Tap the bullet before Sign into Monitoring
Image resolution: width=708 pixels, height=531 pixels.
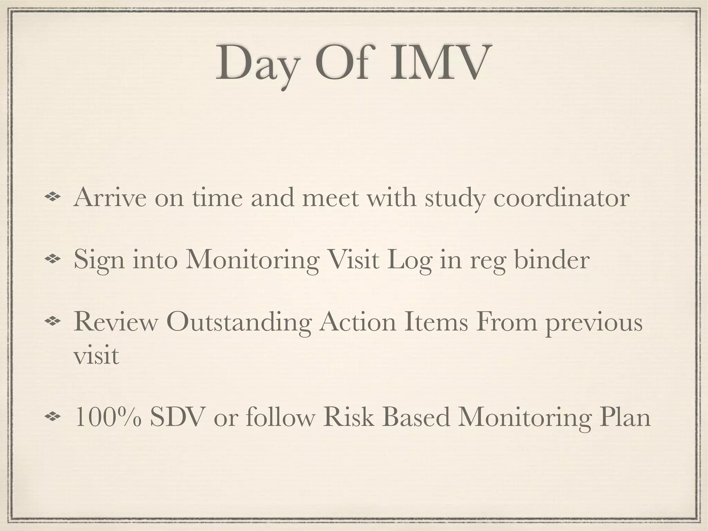click(53, 259)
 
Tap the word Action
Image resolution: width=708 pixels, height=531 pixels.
click(357, 322)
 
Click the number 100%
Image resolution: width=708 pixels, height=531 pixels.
click(108, 417)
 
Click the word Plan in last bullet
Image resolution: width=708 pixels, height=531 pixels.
click(625, 417)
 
